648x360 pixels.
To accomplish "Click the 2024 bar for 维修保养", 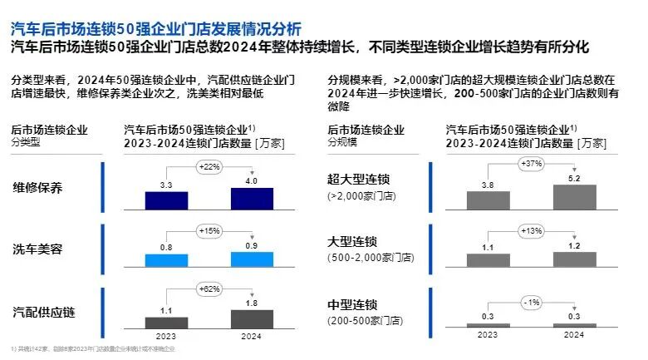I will pos(253,199).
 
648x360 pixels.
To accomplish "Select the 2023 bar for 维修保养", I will pos(166,200).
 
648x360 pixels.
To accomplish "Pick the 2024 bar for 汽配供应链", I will pos(253,319).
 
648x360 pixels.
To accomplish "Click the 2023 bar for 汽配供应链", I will pos(166,322).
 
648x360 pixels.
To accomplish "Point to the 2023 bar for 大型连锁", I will pos(488,260).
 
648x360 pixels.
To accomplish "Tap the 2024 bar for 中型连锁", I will pos(574,325).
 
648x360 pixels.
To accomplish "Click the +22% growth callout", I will pos(209,168).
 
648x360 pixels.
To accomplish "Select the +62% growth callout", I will pos(209,288).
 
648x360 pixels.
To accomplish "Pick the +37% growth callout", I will pos(532,163).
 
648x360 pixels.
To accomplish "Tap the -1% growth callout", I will pos(532,300).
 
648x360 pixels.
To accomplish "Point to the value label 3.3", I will pos(166,185).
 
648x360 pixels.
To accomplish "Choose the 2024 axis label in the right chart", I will pos(574,337).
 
